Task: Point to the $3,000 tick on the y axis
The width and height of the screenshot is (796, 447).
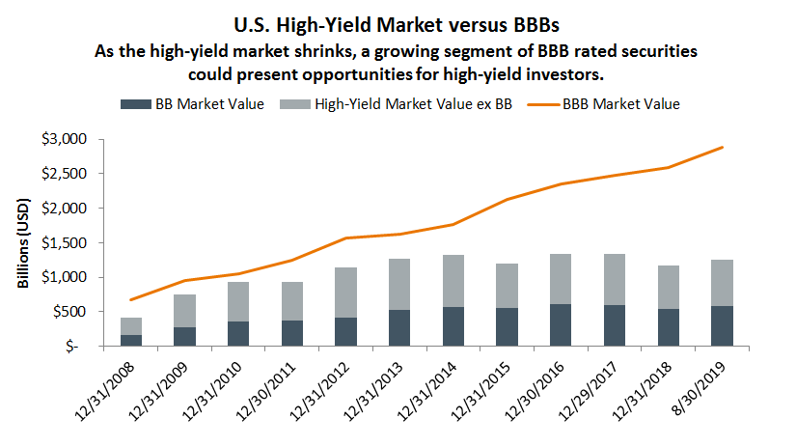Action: pos(67,139)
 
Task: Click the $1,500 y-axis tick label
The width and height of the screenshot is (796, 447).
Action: pos(67,242)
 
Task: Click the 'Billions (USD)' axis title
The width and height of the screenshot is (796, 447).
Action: pos(23,242)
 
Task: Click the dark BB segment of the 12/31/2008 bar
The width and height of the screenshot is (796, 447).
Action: pos(131,340)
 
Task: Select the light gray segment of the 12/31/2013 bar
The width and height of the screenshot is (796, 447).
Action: pos(399,284)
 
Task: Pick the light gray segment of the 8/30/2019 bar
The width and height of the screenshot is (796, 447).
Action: pos(722,283)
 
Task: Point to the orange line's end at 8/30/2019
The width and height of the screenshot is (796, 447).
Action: pos(722,148)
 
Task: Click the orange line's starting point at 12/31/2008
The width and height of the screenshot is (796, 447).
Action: pos(131,299)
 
